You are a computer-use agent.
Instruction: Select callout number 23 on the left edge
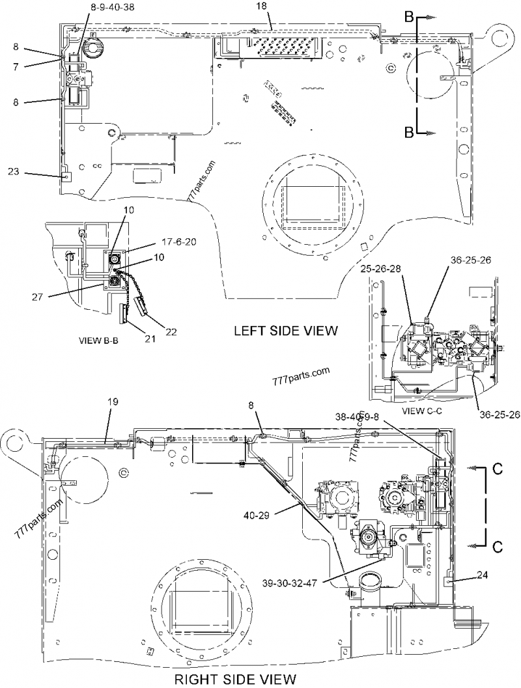tap(14, 172)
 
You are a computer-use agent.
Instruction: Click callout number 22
tap(171, 332)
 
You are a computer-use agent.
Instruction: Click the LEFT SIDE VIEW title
tap(286, 331)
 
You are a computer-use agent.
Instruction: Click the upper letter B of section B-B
tap(409, 19)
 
